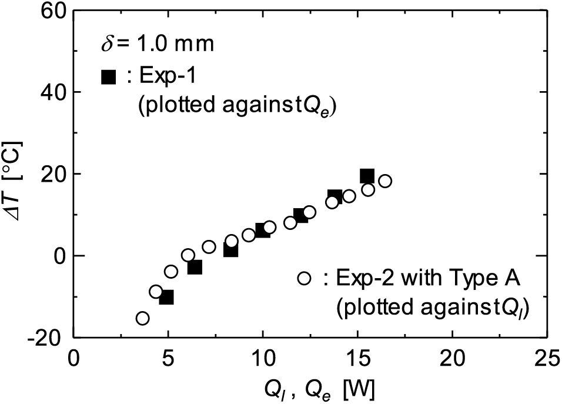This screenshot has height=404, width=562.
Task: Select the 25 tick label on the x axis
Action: click(x=547, y=358)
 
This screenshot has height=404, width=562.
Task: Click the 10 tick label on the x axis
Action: click(x=263, y=358)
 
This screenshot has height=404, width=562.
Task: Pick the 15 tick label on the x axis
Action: click(x=357, y=358)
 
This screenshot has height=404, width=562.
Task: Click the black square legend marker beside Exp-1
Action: click(x=108, y=76)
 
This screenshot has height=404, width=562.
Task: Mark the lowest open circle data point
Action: click(x=142, y=318)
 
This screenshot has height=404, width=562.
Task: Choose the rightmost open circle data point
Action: click(x=385, y=181)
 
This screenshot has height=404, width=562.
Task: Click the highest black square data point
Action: click(x=367, y=176)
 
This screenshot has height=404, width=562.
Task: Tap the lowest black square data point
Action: click(x=166, y=297)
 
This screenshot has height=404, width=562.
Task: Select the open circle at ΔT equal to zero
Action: click(x=188, y=255)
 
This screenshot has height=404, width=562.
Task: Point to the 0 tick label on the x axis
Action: click(x=74, y=358)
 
